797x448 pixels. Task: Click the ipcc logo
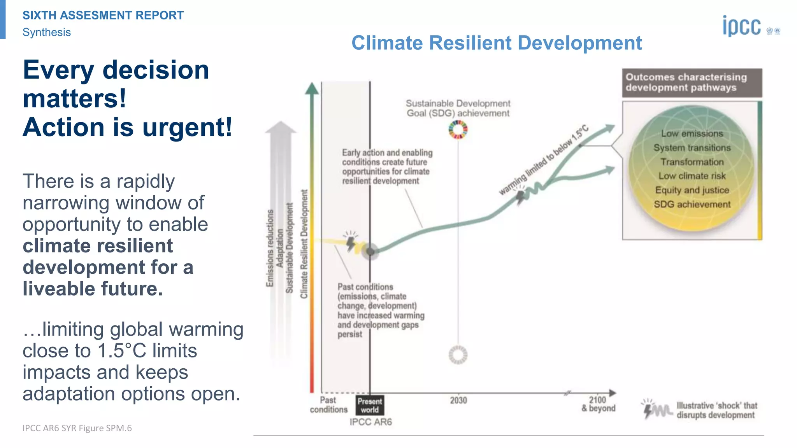pyautogui.click(x=742, y=26)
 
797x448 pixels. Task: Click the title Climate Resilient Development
pyautogui.click(x=497, y=43)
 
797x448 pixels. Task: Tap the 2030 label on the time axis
pyautogui.click(x=458, y=400)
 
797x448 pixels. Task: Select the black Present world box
pyautogui.click(x=370, y=405)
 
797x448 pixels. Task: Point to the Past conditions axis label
pyautogui.click(x=328, y=404)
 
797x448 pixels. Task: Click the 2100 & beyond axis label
pyautogui.click(x=598, y=404)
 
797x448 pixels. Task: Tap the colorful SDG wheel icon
pyautogui.click(x=458, y=129)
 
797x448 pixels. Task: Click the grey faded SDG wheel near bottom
pyautogui.click(x=458, y=355)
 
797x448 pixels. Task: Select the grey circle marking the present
pyautogui.click(x=370, y=252)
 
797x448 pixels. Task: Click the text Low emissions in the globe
pyautogui.click(x=692, y=133)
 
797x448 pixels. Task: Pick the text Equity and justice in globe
pyautogui.click(x=692, y=190)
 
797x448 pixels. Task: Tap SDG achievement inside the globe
pyautogui.click(x=692, y=204)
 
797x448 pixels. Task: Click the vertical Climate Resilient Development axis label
pyautogui.click(x=304, y=244)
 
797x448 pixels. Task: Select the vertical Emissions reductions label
pyautogui.click(x=270, y=248)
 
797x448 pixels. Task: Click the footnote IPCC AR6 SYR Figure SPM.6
pyautogui.click(x=77, y=428)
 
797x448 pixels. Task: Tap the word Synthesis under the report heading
pyautogui.click(x=47, y=32)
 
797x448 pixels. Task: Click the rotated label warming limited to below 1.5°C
pyautogui.click(x=544, y=160)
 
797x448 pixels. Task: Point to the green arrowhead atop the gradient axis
pyautogui.click(x=312, y=89)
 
